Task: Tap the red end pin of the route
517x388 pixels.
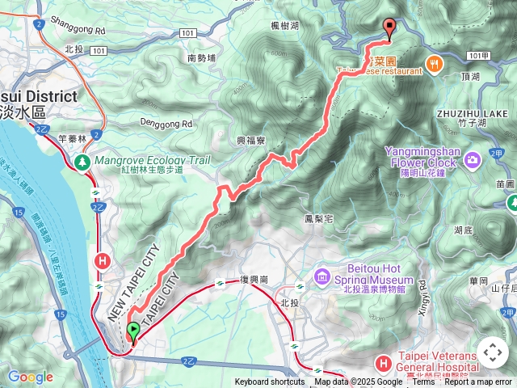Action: pyautogui.click(x=390, y=28)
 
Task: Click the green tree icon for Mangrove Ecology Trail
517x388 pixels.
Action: pyautogui.click(x=82, y=162)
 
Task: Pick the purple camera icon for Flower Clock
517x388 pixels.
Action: pyautogui.click(x=473, y=157)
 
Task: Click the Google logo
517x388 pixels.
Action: pyautogui.click(x=30, y=377)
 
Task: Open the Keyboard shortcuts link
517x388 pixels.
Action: pyautogui.click(x=270, y=382)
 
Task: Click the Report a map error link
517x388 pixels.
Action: pyautogui.click(x=477, y=382)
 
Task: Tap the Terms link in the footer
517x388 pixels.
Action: pyautogui.click(x=423, y=382)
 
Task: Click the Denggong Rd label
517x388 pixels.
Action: pyautogui.click(x=166, y=124)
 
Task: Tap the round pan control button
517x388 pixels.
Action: pyautogui.click(x=492, y=353)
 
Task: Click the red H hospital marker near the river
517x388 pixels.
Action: pyautogui.click(x=103, y=260)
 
